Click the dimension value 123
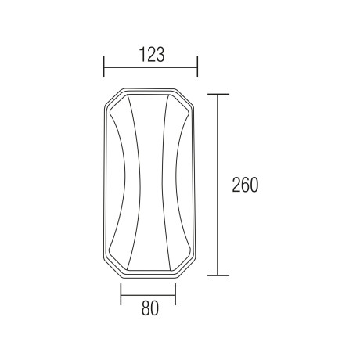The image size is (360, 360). (x=153, y=55)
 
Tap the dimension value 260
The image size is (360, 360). (x=245, y=185)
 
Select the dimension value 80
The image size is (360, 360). (x=150, y=308)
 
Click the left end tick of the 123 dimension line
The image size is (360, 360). (x=104, y=67)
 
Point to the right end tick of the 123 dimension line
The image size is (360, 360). (x=197, y=67)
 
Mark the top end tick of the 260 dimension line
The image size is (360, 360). (x=218, y=94)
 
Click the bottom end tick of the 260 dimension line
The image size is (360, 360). (x=218, y=275)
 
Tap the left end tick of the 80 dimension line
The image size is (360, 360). (x=121, y=294)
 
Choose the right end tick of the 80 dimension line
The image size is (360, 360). (x=175, y=294)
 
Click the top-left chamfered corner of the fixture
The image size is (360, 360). (x=114, y=98)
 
